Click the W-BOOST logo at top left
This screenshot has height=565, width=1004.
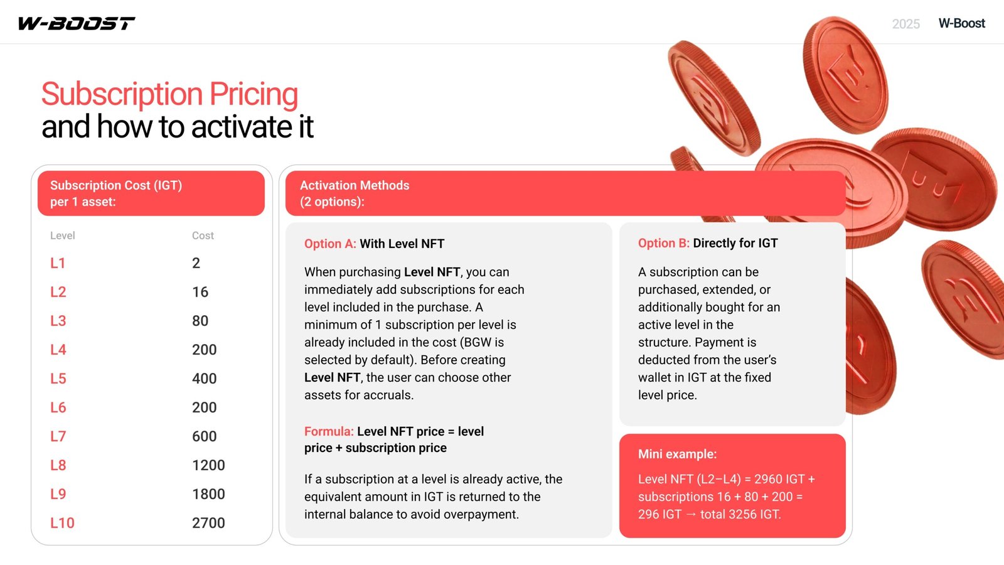[x=76, y=23]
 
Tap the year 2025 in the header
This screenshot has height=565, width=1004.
[x=906, y=24]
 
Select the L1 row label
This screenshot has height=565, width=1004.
[x=58, y=263]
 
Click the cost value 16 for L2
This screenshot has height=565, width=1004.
[x=200, y=292]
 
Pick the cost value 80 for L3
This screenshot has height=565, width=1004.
[x=200, y=321]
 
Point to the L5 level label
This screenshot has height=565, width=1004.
[x=58, y=379]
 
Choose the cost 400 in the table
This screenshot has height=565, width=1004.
[x=205, y=379]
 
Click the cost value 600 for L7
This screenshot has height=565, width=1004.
[x=205, y=436]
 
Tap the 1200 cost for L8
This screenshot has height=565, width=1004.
[x=208, y=465]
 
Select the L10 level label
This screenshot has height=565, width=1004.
[x=62, y=523]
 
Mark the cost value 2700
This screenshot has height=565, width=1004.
[x=208, y=523]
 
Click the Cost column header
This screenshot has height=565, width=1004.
[x=203, y=235]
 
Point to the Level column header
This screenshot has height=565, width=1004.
[x=62, y=235]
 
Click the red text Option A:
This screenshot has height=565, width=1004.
[x=330, y=244]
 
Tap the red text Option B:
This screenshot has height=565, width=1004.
[x=664, y=243]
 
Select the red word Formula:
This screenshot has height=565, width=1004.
[x=329, y=431]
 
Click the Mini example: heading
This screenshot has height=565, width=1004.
[x=677, y=455]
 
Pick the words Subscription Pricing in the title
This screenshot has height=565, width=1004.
[x=169, y=95]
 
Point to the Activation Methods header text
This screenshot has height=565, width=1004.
[x=355, y=185]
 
